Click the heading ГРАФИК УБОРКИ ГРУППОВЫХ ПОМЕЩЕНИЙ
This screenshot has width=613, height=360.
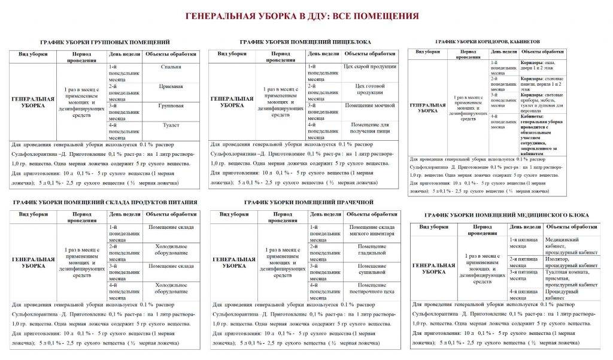point(104,42)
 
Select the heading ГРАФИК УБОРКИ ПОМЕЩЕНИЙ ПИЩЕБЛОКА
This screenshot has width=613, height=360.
point(305,42)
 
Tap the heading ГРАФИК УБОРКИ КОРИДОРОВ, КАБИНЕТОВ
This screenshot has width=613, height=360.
point(487,42)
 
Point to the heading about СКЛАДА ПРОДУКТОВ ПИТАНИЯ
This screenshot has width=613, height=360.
point(104,202)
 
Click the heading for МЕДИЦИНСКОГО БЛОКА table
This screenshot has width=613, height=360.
point(506,214)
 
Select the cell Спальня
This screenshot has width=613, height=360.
point(172,66)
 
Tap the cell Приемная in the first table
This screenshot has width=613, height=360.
point(172,86)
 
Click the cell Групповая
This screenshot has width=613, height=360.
point(172,106)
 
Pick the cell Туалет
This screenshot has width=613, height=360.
point(172,126)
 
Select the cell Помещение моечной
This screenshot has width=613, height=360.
point(371,106)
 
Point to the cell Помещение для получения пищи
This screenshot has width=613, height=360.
point(371,126)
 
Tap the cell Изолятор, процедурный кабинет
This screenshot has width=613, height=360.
point(571,262)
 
